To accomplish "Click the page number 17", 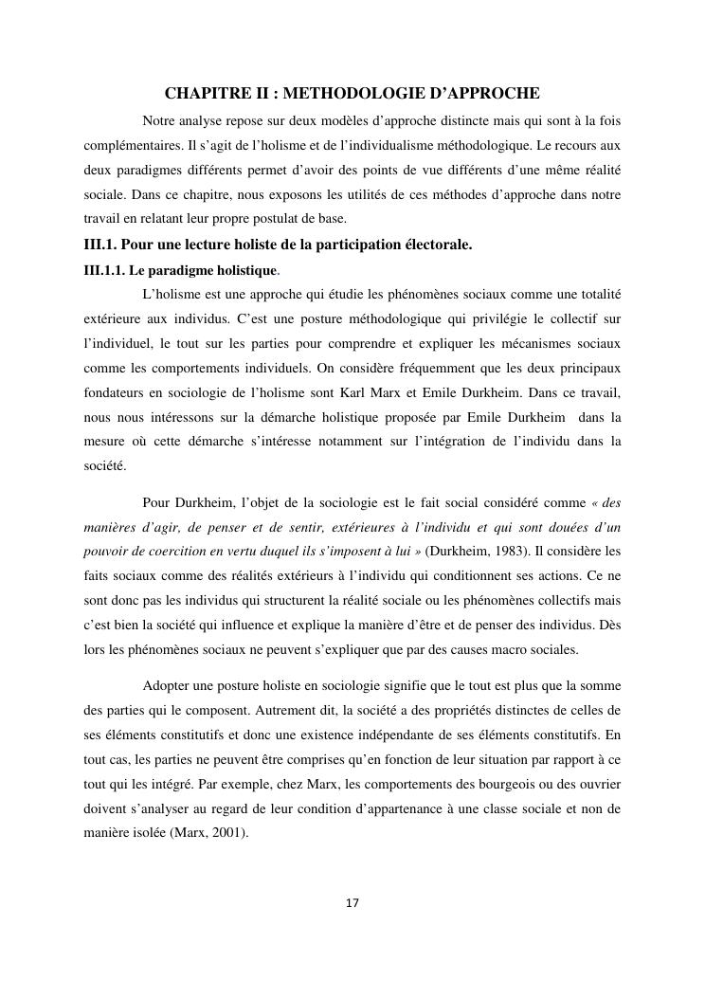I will pyautogui.click(x=352, y=902).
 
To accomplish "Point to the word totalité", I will pyautogui.click(x=595, y=294).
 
